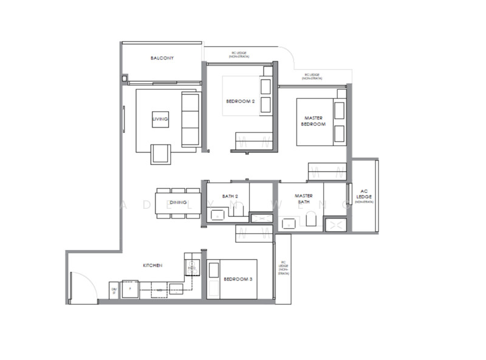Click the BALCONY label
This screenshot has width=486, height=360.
[162, 58]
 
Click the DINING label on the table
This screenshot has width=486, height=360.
[177, 202]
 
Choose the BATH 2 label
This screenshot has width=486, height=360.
[228, 196]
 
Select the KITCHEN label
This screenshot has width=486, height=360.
[152, 266]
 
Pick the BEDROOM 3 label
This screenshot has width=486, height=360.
[233, 279]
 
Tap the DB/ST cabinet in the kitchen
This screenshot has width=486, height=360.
[114, 291]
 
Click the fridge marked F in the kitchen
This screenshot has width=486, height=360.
[131, 289]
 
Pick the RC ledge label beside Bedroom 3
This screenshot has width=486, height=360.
[282, 269]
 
